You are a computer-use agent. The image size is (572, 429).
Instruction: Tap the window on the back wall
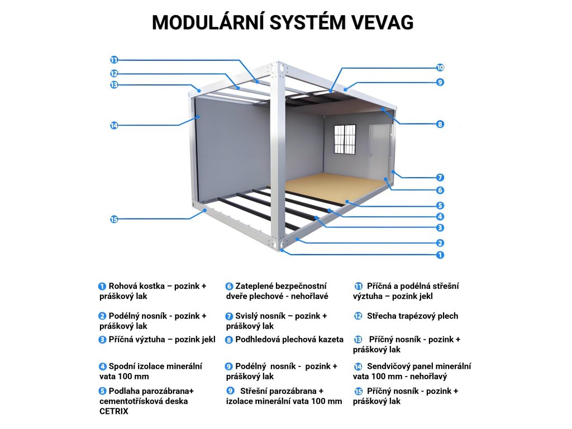(345, 139)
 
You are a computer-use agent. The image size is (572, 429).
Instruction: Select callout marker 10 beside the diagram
(440, 68)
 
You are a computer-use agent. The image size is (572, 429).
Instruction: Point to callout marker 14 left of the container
(114, 126)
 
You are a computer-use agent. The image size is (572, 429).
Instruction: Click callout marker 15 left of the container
(114, 220)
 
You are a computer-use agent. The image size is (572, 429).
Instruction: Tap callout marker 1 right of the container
(440, 255)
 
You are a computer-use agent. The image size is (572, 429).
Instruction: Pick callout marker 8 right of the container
(440, 124)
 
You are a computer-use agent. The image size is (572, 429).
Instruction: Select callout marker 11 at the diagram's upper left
(114, 60)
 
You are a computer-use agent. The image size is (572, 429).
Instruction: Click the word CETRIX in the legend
(114, 411)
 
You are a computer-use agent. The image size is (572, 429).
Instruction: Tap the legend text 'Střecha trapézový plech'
(412, 316)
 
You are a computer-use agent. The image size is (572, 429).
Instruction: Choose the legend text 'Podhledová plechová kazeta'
(289, 340)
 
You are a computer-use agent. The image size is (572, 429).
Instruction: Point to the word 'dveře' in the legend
(239, 296)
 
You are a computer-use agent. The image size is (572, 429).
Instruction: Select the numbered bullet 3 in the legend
(102, 340)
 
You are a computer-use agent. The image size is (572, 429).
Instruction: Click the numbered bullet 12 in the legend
(358, 316)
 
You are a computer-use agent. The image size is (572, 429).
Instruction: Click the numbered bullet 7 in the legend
(229, 316)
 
